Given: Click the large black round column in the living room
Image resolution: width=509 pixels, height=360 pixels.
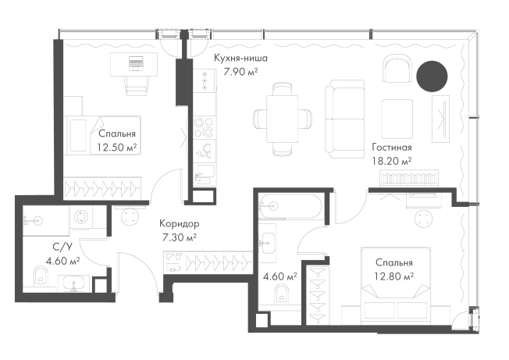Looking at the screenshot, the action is pos(432,77).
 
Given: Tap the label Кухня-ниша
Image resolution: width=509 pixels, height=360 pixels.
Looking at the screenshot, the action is pos(241,58).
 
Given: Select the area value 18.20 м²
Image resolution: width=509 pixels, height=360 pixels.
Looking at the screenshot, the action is pos(392,161).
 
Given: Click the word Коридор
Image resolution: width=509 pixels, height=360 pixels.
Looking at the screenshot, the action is pos(180,223).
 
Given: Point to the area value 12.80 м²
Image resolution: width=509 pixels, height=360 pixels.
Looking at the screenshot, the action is pos(394,276).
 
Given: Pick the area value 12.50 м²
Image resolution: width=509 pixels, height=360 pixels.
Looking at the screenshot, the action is pos(117,148).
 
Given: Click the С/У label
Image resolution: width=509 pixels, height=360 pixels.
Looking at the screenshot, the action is pos(62,247).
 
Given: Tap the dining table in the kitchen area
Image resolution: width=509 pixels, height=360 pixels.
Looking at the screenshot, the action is pos(283,119).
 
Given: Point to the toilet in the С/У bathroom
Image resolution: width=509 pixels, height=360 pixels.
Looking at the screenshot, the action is pos(41,276).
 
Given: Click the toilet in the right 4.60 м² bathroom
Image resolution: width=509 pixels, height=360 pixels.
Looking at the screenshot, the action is pos(282,294).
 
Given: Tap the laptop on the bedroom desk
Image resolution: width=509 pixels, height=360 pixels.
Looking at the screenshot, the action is pos(136,62).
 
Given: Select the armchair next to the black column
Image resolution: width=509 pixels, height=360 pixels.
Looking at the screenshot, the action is pos(397,69).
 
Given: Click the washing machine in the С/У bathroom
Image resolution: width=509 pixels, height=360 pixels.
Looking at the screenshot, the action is pos(81,217).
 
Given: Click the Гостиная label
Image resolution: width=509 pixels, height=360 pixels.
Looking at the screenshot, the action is pos(392,148).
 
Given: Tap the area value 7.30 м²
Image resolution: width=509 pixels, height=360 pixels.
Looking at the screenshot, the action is pos(180,237).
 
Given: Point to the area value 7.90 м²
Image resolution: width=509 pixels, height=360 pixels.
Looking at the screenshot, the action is pos(241,72).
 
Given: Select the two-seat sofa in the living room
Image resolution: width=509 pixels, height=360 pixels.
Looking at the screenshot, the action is pos(345,119).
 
